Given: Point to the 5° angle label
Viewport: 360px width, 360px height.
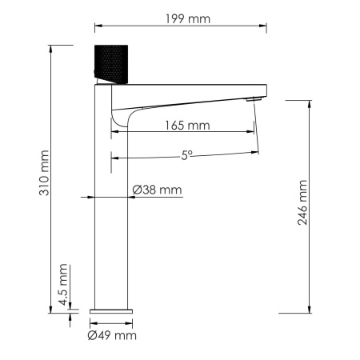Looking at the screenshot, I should [186, 157].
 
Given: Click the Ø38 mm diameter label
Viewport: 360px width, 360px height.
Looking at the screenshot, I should [158, 190].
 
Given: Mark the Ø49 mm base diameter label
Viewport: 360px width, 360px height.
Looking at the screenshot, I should [113, 336].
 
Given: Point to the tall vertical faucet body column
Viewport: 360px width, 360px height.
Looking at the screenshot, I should [112, 208].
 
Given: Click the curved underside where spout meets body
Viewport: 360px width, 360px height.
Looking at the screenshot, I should [118, 120].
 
